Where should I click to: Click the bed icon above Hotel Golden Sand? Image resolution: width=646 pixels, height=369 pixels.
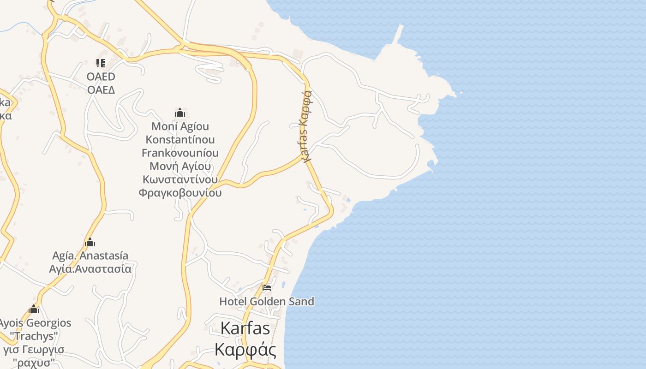(266, 288)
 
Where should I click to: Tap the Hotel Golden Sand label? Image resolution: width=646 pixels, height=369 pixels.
(267, 302)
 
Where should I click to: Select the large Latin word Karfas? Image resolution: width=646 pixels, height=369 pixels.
(245, 328)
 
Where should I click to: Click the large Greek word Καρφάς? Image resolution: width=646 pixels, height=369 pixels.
(245, 349)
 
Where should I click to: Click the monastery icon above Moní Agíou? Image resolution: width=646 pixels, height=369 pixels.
(180, 113)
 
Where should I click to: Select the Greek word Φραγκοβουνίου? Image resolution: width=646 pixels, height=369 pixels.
(180, 193)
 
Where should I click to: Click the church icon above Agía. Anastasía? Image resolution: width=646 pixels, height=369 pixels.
(90, 242)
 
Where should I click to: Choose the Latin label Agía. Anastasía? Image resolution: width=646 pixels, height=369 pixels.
(90, 256)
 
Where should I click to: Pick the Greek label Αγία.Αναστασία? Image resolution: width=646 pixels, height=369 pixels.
(90, 269)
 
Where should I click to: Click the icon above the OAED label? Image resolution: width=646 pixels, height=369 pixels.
(101, 63)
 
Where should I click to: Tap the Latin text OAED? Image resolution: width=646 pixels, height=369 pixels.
(101, 77)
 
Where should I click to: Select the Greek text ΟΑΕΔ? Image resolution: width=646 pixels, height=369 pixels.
(101, 89)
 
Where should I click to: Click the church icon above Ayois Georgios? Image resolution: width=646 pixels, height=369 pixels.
(34, 309)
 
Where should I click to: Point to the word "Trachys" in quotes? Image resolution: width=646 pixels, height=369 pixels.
(35, 336)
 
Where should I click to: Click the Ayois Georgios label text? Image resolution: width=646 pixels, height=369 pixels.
(35, 323)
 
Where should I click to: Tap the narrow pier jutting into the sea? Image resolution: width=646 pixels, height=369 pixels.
(397, 34)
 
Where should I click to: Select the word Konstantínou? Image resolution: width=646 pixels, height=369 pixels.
(180, 140)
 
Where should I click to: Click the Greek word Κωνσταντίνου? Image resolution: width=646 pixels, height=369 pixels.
(180, 179)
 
